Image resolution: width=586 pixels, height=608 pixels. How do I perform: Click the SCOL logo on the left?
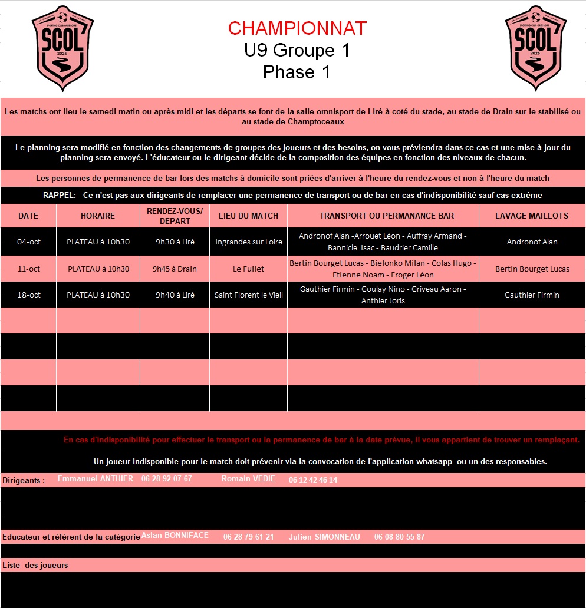[62, 48]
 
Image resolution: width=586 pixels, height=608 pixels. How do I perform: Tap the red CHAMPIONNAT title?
[297, 28]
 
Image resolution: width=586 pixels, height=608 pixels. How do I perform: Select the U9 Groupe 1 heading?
[297, 51]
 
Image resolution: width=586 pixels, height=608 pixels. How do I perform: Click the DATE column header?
[28, 216]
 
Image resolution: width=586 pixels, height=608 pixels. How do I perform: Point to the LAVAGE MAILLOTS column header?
[532, 216]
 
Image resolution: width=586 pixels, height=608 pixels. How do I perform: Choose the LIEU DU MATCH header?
[248, 216]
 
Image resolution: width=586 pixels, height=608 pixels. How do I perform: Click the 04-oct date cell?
[29, 242]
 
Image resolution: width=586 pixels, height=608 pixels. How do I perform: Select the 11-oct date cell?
[29, 269]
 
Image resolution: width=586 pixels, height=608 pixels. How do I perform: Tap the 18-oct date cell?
[29, 295]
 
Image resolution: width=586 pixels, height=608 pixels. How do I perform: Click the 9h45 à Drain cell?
[175, 269]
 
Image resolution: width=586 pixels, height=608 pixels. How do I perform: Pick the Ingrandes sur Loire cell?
[248, 242]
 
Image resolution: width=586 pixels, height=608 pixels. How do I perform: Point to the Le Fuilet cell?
[248, 269]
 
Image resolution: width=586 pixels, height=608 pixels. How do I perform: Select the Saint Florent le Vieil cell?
[248, 295]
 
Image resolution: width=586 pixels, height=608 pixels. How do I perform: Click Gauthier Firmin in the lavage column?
[532, 295]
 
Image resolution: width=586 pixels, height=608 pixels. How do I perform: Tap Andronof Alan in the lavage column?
[532, 242]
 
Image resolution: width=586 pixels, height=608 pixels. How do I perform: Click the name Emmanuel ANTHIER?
[96, 479]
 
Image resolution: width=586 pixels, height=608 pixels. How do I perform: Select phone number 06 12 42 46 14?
[313, 480]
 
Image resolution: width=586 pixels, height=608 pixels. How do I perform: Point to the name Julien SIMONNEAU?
[324, 537]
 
